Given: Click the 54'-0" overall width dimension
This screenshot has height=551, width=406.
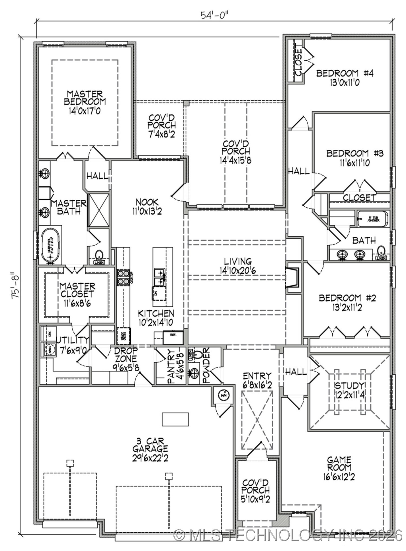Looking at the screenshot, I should click(215, 15).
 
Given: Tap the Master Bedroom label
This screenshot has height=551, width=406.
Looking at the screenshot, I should click(85, 98).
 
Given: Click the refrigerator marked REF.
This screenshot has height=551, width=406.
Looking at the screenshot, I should click(173, 337).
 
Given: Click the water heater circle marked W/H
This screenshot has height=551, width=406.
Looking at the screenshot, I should click(224, 395).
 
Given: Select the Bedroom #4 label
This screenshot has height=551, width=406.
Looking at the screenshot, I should click(345, 73).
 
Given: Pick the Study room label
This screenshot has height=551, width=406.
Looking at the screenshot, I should click(349, 386).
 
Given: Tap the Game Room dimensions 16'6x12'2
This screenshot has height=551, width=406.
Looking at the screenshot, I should click(339, 477).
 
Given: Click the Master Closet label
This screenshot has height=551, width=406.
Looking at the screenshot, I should click(77, 290).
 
